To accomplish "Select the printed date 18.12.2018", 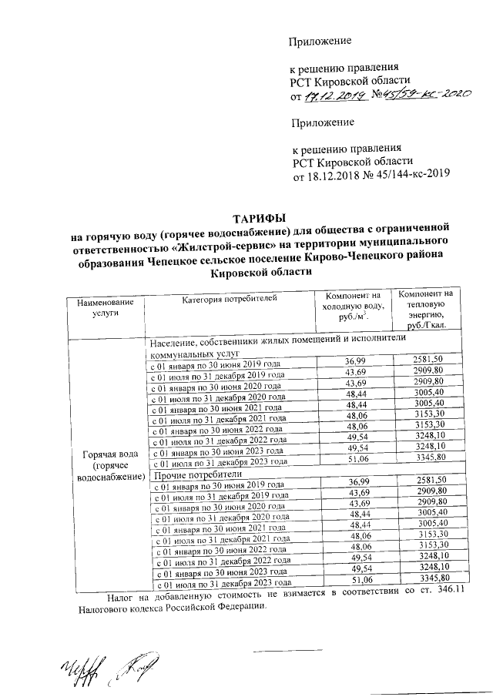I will tap(336, 176).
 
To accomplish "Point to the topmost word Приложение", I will tap(320, 40).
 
